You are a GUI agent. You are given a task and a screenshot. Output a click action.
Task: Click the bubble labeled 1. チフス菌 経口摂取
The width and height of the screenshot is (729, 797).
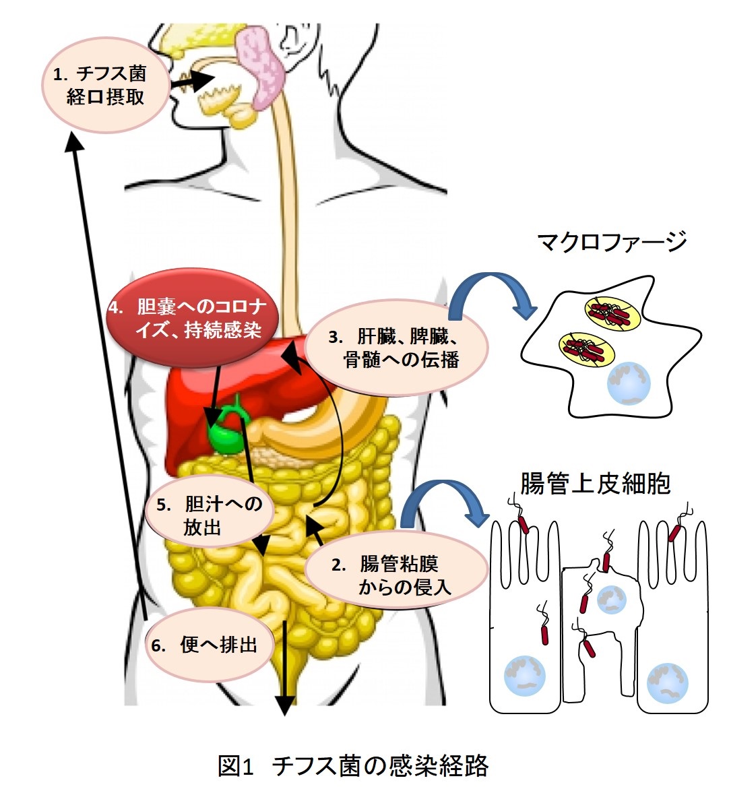click(105, 85)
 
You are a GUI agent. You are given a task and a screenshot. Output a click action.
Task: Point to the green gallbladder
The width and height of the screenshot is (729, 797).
click(227, 431)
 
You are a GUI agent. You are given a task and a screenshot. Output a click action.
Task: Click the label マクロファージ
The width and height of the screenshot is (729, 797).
click(612, 242)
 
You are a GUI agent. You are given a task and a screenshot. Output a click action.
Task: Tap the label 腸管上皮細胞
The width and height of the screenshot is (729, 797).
click(596, 483)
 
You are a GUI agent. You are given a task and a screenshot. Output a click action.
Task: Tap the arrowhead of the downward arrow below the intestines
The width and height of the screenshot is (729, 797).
click(285, 705)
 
